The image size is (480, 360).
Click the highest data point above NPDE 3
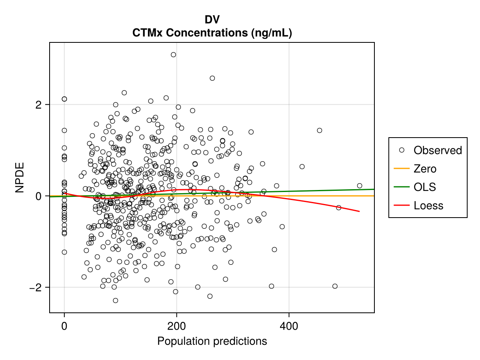173,55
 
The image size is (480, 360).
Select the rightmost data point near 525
360,186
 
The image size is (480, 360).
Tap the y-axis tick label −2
36,288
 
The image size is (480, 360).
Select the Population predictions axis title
212,341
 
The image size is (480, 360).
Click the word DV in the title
212,19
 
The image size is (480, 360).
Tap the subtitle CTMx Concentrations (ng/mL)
212,33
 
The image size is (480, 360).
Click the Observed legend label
438,150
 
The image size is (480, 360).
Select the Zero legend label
425,169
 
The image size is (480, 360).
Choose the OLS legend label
425,187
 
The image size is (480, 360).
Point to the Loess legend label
428,206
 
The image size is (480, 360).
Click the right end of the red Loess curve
359,211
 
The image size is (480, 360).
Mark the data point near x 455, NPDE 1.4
320,130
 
